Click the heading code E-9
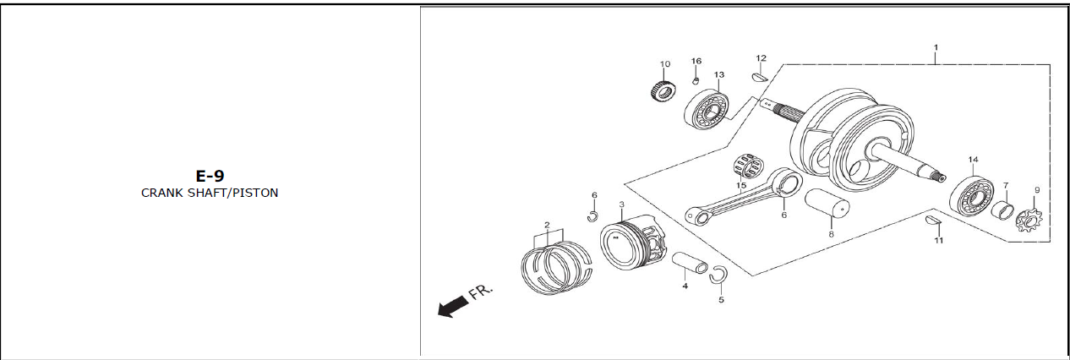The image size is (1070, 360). click(x=210, y=176)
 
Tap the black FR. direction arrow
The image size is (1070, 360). click(x=452, y=306)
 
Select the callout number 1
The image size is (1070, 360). click(x=936, y=47)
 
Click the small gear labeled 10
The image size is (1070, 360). click(x=663, y=90)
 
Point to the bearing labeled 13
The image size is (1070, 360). click(x=706, y=111)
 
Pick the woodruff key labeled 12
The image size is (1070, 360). click(x=760, y=77)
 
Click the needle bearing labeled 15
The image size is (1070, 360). click(x=749, y=166)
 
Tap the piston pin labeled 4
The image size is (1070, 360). click(x=690, y=263)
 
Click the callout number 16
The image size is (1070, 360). click(x=696, y=61)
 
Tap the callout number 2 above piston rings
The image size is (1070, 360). click(x=547, y=225)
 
